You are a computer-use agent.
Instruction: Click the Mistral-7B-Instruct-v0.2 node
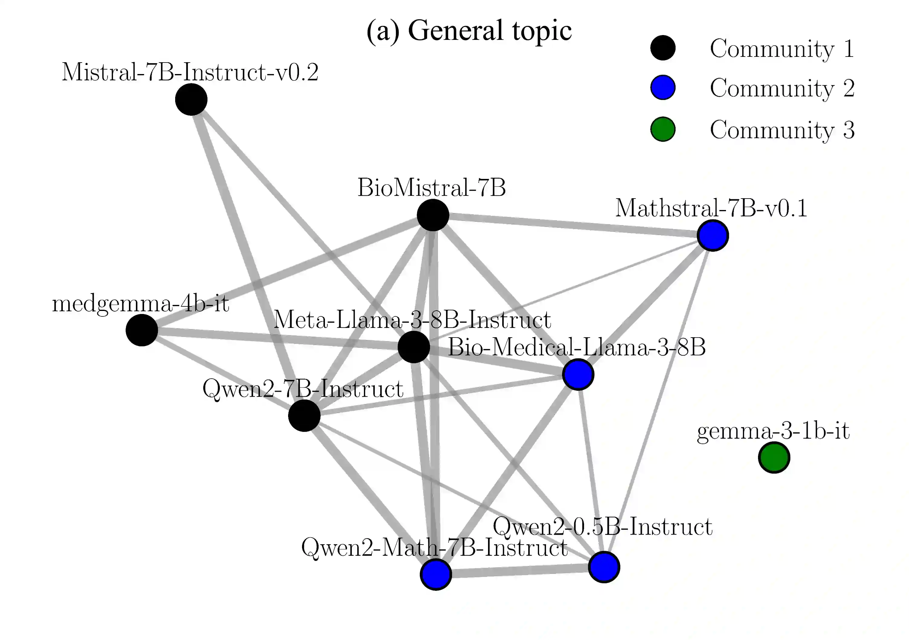[191, 99]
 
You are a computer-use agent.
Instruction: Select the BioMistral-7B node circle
[433, 215]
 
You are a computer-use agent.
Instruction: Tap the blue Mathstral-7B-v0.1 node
[713, 236]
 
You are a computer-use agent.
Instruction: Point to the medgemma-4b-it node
[142, 330]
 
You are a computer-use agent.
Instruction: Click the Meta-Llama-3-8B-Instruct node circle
[414, 347]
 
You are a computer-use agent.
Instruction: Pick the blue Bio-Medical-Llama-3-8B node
[578, 374]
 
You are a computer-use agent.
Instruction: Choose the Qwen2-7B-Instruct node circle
[304, 415]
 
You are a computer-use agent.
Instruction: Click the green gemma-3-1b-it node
[774, 457]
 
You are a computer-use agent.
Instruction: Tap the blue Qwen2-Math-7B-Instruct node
[435, 574]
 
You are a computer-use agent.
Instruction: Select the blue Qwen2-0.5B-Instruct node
[604, 567]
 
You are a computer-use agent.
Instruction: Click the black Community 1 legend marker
[663, 48]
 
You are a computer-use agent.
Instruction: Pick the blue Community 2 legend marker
[663, 88]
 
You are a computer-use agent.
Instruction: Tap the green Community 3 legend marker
[663, 129]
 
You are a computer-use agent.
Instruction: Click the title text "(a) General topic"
[469, 31]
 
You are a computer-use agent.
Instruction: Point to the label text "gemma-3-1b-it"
[773, 431]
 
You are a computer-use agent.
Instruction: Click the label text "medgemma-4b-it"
[140, 304]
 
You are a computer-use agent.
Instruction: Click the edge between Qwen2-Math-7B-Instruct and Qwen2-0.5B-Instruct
[519, 571]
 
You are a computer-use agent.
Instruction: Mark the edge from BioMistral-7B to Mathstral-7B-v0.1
[573, 225]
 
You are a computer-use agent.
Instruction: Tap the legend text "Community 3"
[782, 130]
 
